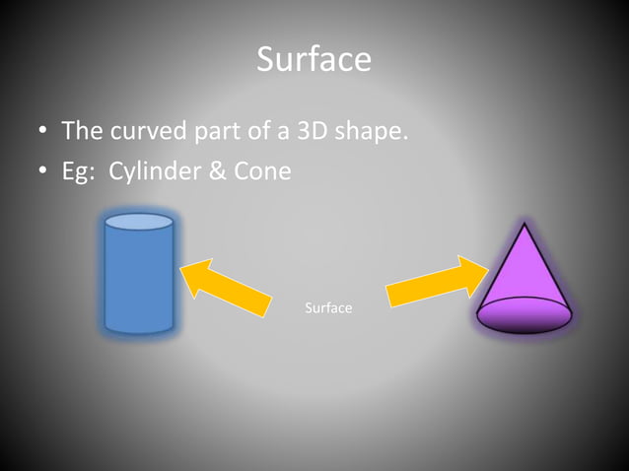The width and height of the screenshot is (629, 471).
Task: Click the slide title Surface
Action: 314,59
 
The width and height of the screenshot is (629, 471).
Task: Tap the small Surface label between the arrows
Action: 328,308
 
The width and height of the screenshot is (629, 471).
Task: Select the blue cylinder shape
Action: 139,281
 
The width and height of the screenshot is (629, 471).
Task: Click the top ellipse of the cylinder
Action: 139,222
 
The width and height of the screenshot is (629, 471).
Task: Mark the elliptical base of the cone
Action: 524,314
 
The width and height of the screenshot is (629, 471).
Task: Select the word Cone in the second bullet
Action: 262,170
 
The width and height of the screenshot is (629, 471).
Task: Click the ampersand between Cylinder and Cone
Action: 216,170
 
